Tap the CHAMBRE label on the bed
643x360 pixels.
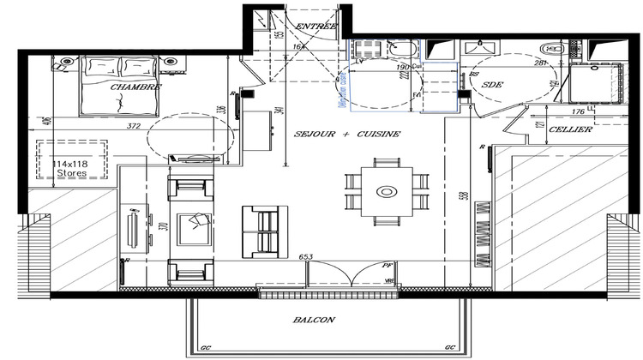136,87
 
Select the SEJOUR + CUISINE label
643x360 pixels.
346,135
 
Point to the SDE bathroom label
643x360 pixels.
493,85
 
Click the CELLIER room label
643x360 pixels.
569,129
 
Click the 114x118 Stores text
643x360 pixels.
71,167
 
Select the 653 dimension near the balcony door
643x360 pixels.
305,256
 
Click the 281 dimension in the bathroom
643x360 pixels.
540,62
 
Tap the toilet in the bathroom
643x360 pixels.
554,51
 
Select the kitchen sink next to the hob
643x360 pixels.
400,48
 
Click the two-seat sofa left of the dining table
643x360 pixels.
261,231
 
